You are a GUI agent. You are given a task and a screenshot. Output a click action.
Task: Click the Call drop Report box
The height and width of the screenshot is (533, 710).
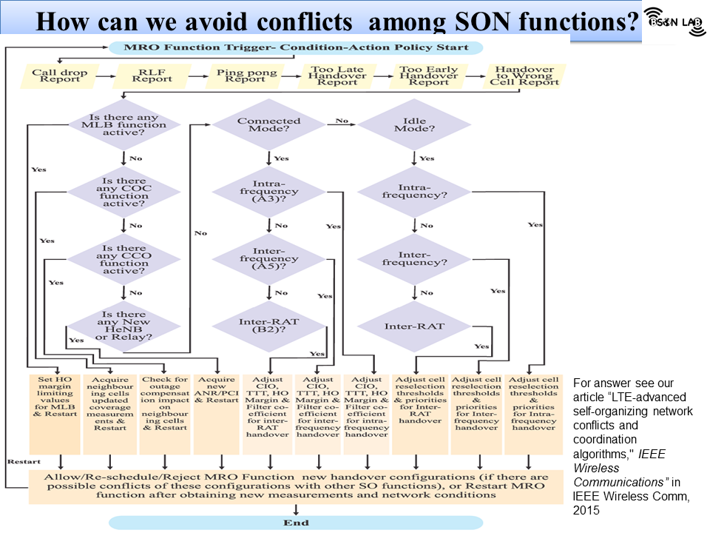click(x=59, y=76)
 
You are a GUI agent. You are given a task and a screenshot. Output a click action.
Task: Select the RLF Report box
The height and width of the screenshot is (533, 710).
click(x=153, y=76)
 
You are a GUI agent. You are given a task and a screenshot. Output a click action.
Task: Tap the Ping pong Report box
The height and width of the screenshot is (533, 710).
click(x=246, y=76)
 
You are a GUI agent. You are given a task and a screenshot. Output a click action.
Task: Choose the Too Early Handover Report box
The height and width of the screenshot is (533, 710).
click(x=429, y=76)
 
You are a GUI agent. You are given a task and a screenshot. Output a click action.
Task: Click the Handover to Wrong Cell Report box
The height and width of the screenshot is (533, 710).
click(x=525, y=76)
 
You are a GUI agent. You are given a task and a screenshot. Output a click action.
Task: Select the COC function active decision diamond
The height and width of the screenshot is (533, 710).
click(x=124, y=192)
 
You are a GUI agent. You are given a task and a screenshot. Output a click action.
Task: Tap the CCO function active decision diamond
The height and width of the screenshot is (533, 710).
click(x=124, y=259)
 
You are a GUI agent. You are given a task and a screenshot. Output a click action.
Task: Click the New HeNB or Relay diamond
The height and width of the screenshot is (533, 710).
click(x=124, y=326)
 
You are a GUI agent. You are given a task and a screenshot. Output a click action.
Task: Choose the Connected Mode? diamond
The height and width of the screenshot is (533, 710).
click(x=268, y=126)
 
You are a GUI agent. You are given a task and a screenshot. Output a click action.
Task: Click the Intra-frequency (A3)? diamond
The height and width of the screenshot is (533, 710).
click(x=268, y=192)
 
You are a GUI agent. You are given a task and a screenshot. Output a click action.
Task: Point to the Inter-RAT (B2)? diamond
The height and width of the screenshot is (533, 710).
click(x=268, y=326)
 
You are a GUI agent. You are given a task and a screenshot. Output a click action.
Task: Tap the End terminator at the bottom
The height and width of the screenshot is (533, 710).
click(x=296, y=523)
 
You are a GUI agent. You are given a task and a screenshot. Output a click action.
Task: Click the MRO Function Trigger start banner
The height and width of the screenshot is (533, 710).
click(x=296, y=47)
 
